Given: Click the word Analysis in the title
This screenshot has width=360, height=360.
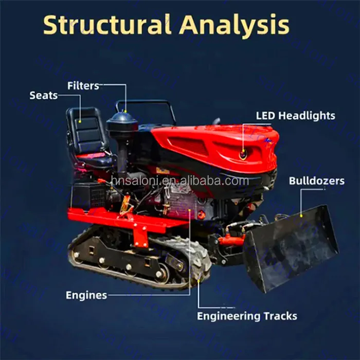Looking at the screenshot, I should (x=234, y=24).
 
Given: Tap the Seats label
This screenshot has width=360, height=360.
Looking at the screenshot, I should (x=44, y=95).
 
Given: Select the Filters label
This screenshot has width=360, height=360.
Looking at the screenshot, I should (x=83, y=85).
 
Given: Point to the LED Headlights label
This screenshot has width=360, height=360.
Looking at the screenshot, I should (x=295, y=116).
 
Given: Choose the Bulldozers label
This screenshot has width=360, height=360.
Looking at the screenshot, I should (x=316, y=181).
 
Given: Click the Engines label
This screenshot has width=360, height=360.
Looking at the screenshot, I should (x=86, y=295).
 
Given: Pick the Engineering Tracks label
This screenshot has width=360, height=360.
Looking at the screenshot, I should (x=247, y=316).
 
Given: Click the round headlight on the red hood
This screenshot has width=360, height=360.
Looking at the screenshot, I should (x=243, y=153).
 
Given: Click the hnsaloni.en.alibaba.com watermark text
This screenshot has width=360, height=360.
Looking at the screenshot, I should (x=180, y=181).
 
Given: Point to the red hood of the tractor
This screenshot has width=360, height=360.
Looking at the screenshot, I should (x=216, y=144).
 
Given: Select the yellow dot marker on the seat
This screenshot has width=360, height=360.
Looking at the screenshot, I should (x=80, y=121).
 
